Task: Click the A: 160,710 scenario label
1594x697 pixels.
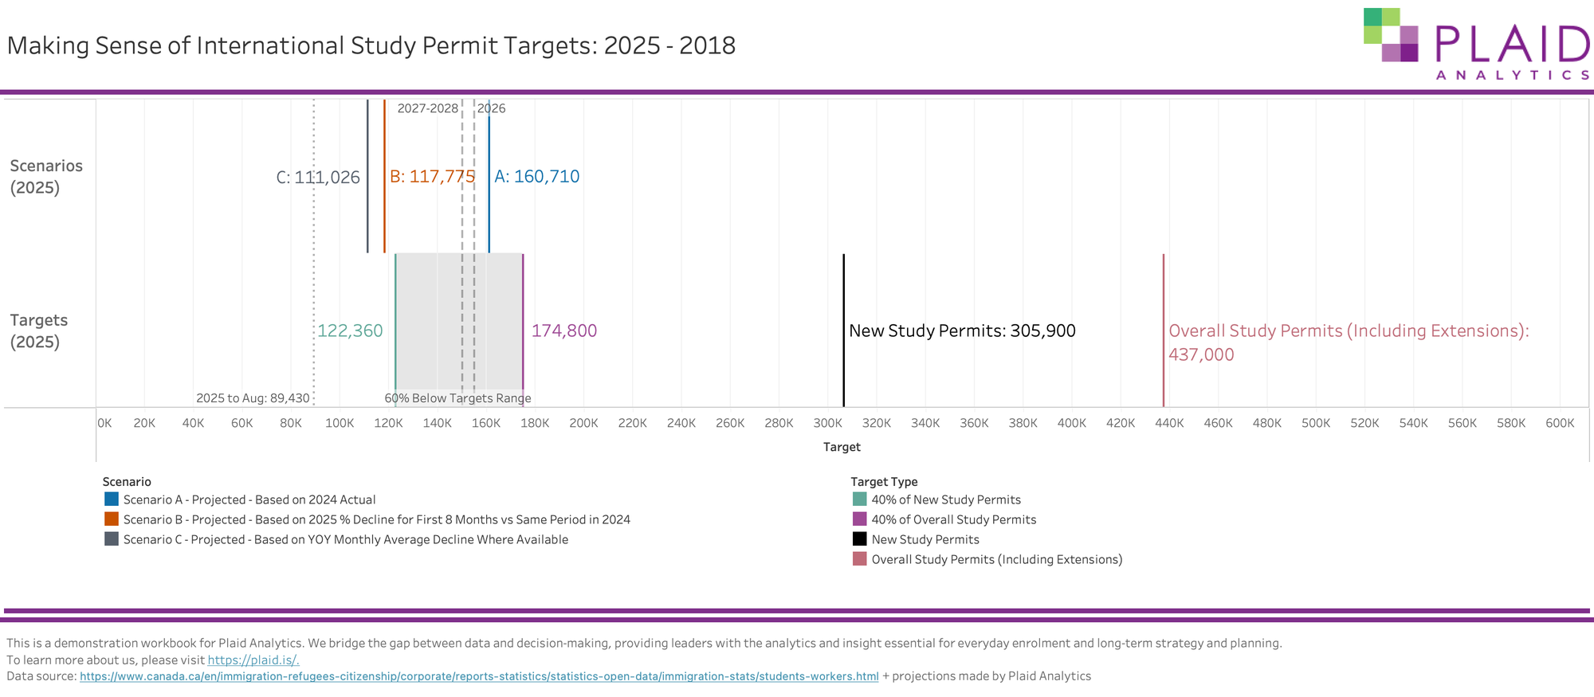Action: [536, 177]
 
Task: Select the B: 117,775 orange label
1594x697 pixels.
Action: [432, 177]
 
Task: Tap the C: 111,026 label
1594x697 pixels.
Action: [318, 178]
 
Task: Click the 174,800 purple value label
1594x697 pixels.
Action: [563, 331]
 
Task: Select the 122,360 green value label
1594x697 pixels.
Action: [350, 331]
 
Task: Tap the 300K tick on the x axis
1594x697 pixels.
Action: [827, 423]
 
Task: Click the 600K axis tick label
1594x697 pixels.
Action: [1560, 423]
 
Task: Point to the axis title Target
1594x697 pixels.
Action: [842, 447]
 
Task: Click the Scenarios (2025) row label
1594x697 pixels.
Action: [46, 177]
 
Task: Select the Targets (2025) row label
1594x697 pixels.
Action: [38, 331]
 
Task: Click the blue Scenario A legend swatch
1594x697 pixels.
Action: [112, 499]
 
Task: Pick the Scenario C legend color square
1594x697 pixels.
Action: [112, 539]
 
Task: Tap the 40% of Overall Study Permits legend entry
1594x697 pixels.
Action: [953, 519]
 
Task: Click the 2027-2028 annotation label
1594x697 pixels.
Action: [427, 108]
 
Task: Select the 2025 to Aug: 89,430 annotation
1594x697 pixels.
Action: [253, 398]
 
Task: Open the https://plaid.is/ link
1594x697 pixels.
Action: [253, 660]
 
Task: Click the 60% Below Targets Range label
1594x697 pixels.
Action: [457, 398]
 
